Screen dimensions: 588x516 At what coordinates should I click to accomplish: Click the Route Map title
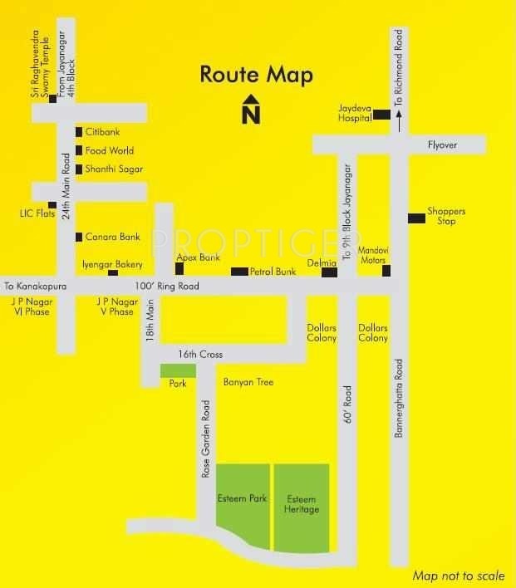pos(256,75)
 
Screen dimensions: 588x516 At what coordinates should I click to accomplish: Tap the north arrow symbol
pos(250,110)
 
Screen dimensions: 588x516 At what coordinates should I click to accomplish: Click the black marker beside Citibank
pos(79,132)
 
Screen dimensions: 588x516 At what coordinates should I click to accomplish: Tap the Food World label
pos(110,151)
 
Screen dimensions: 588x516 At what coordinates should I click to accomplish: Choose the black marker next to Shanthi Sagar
pos(79,169)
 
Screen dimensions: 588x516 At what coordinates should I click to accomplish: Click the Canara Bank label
pos(113,238)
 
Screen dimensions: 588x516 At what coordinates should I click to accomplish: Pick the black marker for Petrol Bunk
pos(239,272)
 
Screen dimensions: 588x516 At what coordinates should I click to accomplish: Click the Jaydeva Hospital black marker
pos(381,115)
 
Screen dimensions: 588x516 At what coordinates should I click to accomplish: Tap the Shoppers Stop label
pos(446,216)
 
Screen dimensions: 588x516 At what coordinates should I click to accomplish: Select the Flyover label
pos(442,145)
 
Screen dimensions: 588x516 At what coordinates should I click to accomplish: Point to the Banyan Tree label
pos(248,383)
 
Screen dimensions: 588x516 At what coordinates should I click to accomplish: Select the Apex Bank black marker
pos(179,268)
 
